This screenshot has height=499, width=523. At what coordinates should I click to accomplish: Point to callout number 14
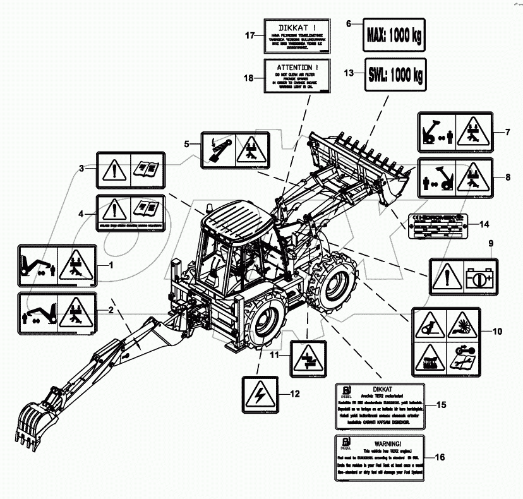484,224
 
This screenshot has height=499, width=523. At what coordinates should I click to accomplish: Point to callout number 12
295,394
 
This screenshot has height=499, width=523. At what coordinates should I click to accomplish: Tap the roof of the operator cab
239,218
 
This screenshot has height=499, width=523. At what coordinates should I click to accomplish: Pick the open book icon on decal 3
146,170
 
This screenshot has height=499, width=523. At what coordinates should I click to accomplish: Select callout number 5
186,144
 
